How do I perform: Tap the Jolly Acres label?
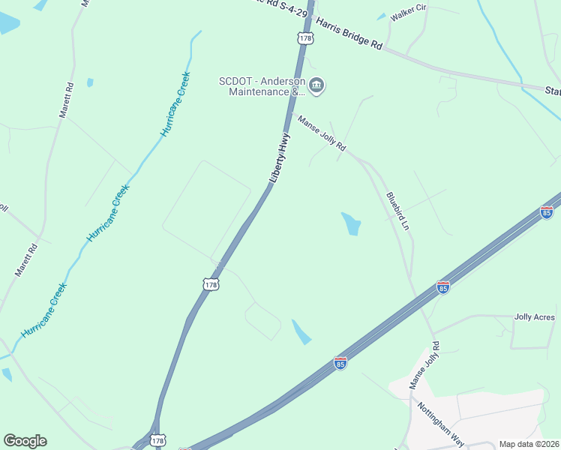tap(534, 317)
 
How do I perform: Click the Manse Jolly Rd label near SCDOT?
tap(322, 133)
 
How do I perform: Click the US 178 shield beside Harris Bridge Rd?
tap(304, 38)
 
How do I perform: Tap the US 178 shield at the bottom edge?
tap(157, 441)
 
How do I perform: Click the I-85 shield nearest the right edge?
tap(547, 213)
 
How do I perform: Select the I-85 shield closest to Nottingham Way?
tap(340, 363)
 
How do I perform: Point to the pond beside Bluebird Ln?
tap(351, 223)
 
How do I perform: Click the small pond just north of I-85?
tap(301, 332)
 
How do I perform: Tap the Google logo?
tap(25, 441)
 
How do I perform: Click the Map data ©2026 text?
tap(529, 444)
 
